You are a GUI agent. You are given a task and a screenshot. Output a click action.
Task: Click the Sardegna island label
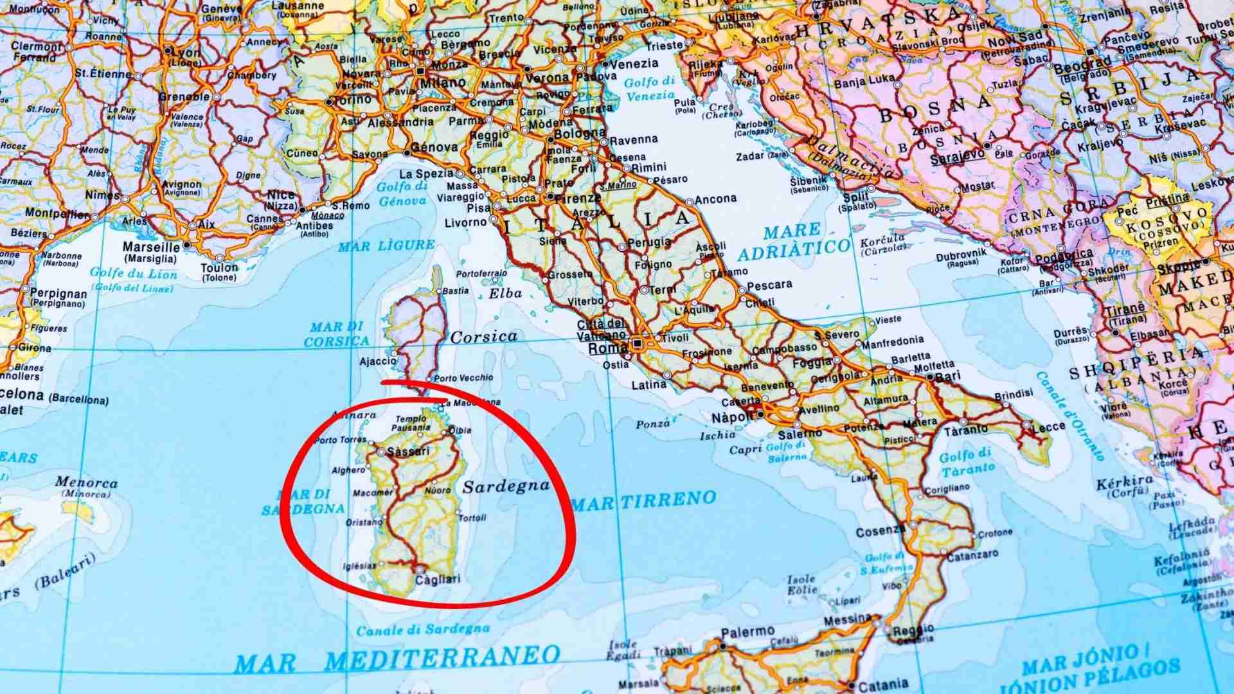click(506, 486)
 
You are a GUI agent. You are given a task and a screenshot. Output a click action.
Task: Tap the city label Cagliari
click(438, 580)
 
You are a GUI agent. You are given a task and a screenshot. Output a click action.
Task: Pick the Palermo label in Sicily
click(747, 633)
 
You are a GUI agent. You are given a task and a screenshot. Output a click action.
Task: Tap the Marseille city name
click(151, 247)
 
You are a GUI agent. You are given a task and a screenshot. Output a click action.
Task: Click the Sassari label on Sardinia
click(408, 451)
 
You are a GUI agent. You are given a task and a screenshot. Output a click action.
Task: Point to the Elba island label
click(505, 294)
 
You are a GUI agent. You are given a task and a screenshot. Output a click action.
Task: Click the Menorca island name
click(86, 483)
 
